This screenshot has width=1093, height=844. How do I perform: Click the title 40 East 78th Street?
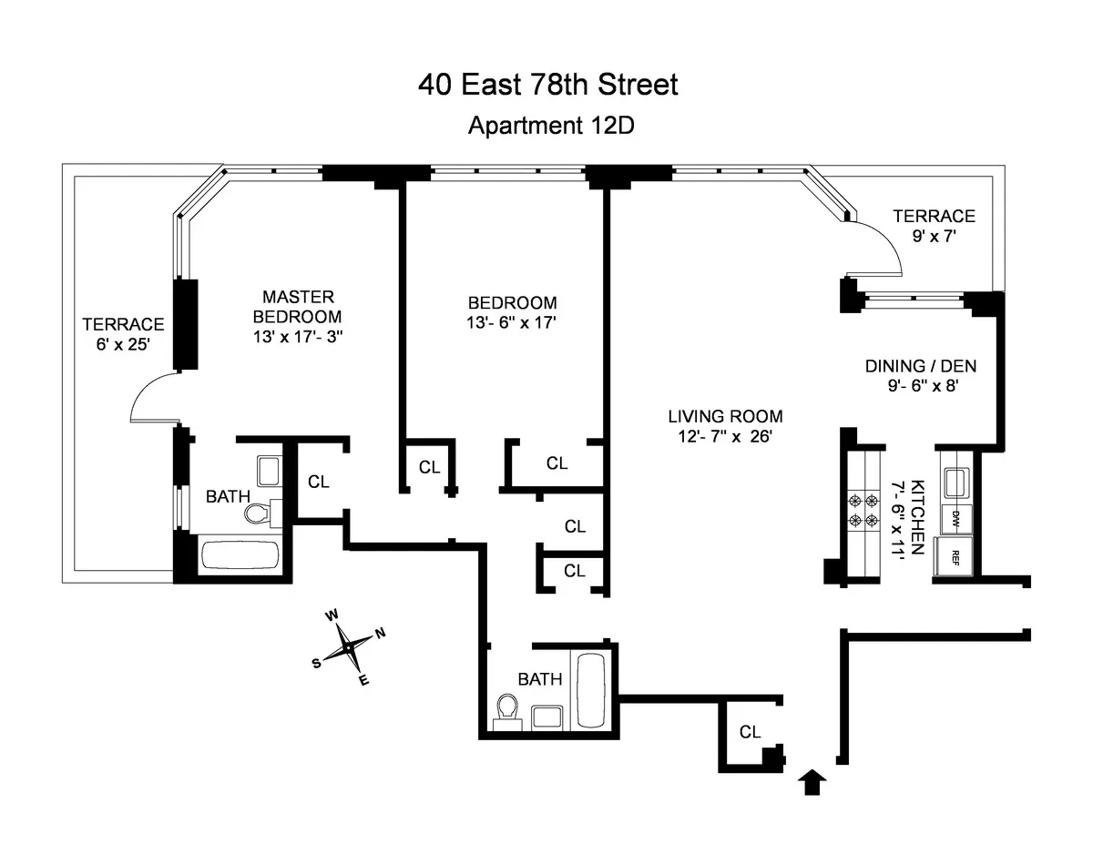point(548,86)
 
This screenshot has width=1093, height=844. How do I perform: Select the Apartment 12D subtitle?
point(550,126)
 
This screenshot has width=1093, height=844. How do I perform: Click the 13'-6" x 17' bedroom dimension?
point(512,322)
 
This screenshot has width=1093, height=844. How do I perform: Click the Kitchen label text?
point(918,518)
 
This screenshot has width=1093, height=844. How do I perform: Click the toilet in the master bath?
point(258,514)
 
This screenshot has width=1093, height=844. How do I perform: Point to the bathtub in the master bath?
point(239,554)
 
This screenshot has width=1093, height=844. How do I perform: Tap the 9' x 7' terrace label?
point(934,226)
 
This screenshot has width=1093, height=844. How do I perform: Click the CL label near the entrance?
point(750,731)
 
